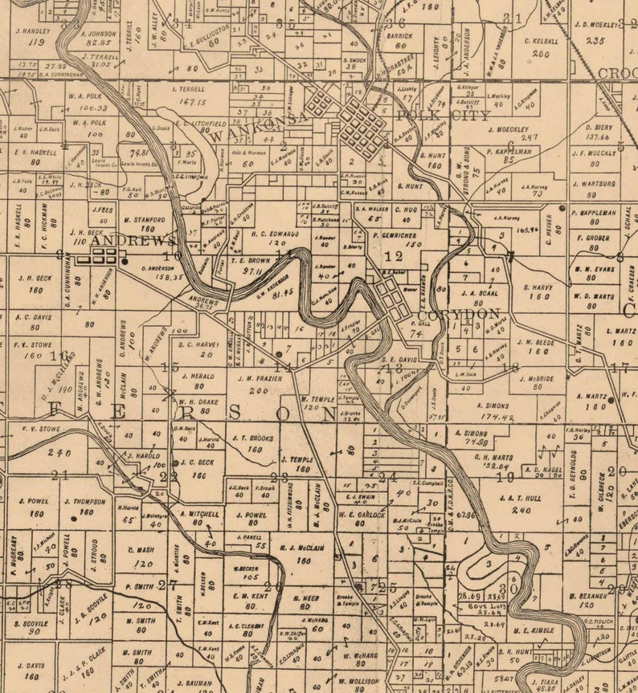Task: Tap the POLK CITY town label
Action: tap(442, 116)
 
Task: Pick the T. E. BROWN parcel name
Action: tap(251, 261)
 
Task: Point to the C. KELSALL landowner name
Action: tap(541, 40)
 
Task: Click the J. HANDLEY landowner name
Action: tap(32, 31)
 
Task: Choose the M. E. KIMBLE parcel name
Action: tap(533, 630)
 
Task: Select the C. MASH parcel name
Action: tap(140, 551)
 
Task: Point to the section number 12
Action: tap(394, 257)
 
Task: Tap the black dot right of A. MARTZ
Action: tap(611, 399)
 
